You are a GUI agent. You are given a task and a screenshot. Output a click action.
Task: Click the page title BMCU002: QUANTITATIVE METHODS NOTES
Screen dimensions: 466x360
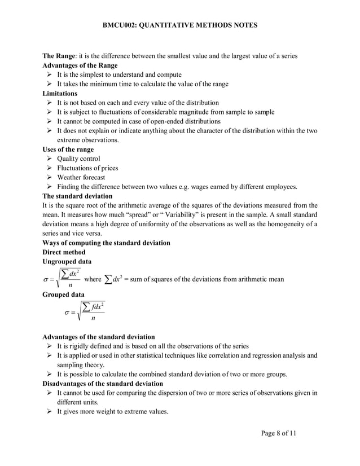point(180,25)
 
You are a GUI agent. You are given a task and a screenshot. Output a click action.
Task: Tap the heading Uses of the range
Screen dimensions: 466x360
point(68,149)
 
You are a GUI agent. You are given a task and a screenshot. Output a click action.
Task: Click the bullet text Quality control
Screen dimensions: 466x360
point(78,159)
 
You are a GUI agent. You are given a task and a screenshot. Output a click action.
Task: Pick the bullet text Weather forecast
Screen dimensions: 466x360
point(82,177)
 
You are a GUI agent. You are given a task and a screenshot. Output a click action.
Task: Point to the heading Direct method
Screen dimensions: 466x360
point(64,252)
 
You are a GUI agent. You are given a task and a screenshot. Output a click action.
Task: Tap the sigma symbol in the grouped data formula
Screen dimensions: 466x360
point(67,313)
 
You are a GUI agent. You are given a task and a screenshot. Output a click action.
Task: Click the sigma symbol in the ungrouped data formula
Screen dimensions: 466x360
point(46,279)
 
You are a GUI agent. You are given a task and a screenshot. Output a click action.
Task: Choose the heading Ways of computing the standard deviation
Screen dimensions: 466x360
point(107,243)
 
